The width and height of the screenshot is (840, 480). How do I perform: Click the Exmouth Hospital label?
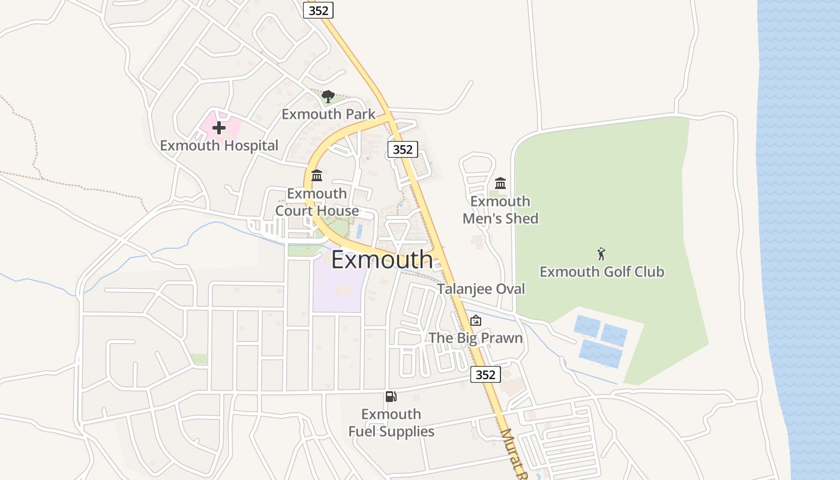[219, 145]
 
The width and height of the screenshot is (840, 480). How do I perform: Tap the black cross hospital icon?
[219, 127]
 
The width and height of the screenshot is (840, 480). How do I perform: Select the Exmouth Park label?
[328, 114]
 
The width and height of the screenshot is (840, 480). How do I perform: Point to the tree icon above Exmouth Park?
[328, 96]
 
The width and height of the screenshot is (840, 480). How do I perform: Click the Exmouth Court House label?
[317, 202]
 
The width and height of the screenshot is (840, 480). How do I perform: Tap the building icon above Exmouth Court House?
[317, 175]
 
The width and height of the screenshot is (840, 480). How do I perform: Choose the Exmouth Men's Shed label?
[500, 209]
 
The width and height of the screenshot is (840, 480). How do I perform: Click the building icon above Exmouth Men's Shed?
[500, 183]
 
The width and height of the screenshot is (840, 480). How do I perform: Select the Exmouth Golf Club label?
[602, 272]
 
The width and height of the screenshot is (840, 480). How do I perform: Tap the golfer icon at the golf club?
[602, 254]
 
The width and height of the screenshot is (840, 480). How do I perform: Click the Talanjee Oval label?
[481, 289]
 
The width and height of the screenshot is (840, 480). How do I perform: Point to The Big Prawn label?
[476, 338]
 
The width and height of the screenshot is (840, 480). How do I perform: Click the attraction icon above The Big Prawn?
[476, 320]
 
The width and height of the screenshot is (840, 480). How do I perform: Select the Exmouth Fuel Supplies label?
[391, 422]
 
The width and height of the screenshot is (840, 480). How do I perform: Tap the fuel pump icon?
[391, 396]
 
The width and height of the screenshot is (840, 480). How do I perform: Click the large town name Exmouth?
[382, 260]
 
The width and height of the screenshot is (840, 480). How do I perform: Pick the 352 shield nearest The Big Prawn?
[485, 375]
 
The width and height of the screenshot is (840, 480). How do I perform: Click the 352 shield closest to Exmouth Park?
[402, 149]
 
